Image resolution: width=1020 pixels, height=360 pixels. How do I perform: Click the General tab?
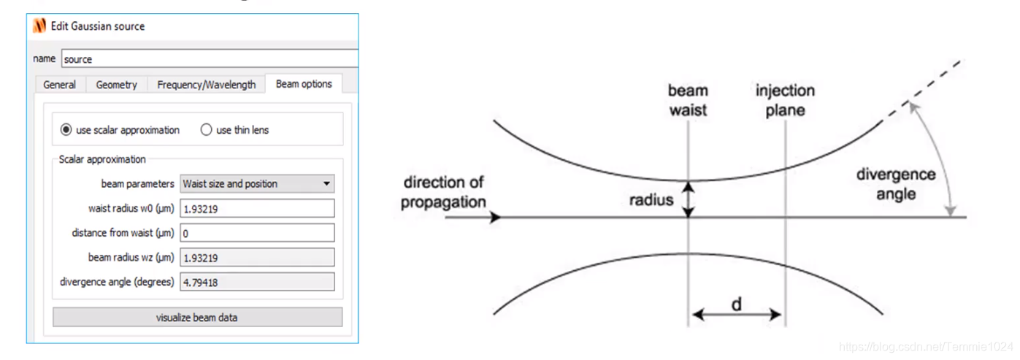[x=59, y=85]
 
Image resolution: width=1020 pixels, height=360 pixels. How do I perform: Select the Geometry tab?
[x=116, y=85]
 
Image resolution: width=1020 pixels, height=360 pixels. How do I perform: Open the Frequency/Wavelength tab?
[x=207, y=85]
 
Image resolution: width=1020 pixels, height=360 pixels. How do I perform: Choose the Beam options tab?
[x=304, y=84]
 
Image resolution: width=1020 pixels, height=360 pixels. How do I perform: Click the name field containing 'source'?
[x=210, y=59]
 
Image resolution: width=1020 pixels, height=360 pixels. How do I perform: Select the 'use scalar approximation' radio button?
[x=66, y=130]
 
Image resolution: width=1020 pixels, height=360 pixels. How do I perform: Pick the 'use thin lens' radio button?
[x=206, y=130]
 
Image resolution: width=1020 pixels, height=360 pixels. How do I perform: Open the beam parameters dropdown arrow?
[x=326, y=184]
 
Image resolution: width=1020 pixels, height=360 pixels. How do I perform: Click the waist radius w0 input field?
[x=257, y=208]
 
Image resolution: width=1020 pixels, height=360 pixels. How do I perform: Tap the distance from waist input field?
[x=257, y=233]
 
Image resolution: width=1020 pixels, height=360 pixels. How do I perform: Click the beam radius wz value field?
[x=257, y=257]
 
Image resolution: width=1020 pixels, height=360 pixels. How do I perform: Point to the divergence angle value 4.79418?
[x=257, y=282]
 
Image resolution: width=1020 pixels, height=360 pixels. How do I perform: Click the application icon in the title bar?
[x=39, y=26]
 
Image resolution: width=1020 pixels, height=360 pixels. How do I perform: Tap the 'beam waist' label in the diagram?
[x=688, y=101]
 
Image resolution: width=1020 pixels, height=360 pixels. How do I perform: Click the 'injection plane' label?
[x=785, y=101]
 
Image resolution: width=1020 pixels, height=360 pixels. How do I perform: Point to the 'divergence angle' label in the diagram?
[x=896, y=185]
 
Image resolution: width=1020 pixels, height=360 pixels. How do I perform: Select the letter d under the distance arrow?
[x=737, y=304]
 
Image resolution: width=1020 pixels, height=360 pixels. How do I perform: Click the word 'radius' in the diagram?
[x=651, y=199]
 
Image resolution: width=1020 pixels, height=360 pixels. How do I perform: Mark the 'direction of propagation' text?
[x=443, y=192]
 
